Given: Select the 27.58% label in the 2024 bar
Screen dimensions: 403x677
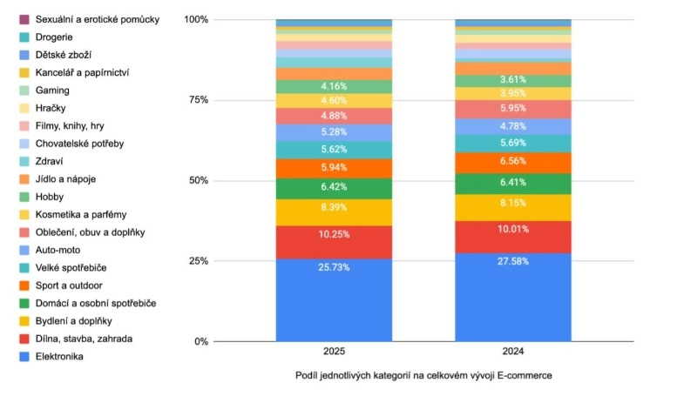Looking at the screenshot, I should pyautogui.click(x=513, y=261).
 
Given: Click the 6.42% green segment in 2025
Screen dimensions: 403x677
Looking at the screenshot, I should pyautogui.click(x=334, y=186).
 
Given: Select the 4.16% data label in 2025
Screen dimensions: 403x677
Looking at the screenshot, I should pyautogui.click(x=335, y=86).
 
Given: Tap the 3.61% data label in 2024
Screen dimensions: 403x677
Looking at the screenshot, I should pyautogui.click(x=513, y=80).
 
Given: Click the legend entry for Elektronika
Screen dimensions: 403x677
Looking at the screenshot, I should pyautogui.click(x=60, y=356).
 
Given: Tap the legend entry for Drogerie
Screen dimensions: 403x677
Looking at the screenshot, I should pyautogui.click(x=54, y=37).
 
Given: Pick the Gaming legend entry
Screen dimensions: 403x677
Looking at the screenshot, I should pyautogui.click(x=53, y=91).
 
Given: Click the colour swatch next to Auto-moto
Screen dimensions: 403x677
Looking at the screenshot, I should pyautogui.click(x=24, y=250).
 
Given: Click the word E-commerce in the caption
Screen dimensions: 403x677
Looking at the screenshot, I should pyautogui.click(x=525, y=376).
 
